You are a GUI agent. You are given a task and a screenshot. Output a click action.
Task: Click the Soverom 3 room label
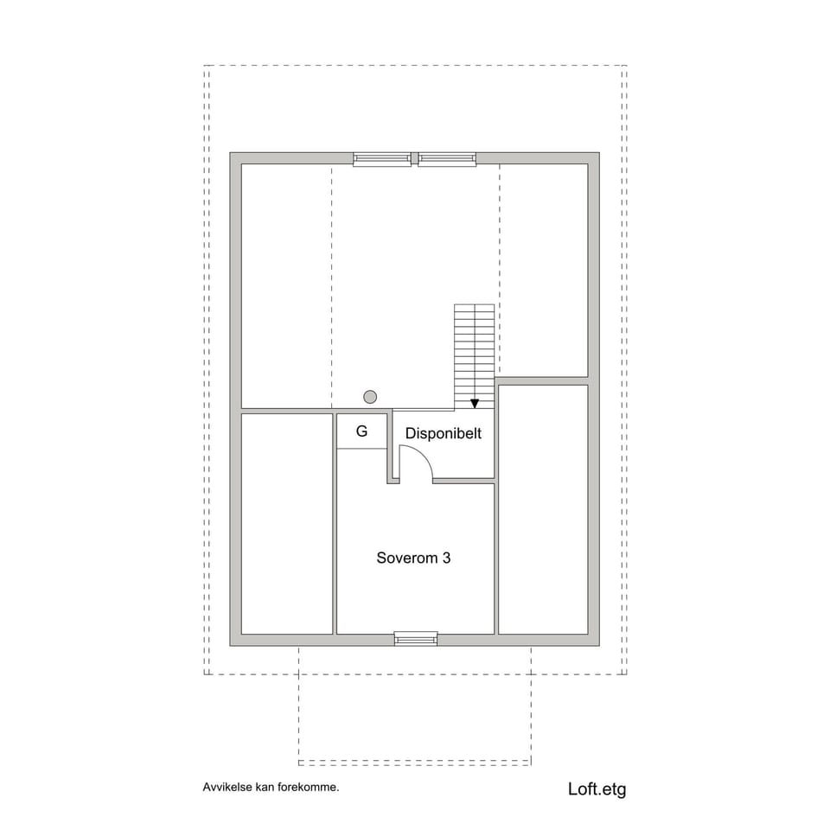(413, 559)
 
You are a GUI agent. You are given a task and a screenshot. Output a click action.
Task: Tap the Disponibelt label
(444, 434)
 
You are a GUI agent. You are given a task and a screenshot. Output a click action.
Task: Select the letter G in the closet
(361, 431)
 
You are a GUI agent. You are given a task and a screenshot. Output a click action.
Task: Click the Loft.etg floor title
(597, 788)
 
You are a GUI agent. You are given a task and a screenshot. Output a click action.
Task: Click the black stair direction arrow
(475, 403)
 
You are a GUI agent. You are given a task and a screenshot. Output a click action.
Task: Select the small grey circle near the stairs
(370, 397)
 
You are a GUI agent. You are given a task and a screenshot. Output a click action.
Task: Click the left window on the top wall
(382, 159)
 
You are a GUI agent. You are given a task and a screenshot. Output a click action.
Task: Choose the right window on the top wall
(447, 159)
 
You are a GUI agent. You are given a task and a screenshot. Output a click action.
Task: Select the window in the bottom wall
(416, 639)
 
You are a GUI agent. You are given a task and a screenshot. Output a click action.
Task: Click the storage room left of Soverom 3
(287, 523)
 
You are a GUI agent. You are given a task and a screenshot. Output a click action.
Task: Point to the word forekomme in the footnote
(309, 788)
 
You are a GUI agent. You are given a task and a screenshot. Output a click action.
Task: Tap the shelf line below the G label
(361, 449)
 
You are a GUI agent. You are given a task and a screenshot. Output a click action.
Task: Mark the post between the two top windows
(415, 158)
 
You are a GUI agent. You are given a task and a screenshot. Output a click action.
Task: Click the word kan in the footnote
(265, 788)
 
